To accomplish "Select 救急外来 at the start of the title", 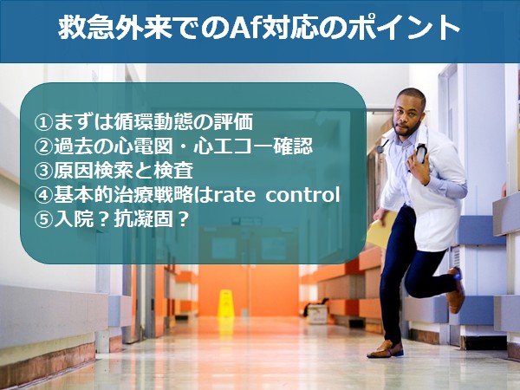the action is click(x=115, y=27).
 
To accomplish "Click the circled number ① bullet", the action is click(x=43, y=122).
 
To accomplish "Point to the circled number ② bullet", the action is click(x=43, y=146).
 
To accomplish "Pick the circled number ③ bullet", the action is click(x=43, y=171).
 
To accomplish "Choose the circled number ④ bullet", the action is click(x=43, y=195).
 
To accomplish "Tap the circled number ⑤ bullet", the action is click(x=43, y=219).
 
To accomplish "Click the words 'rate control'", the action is click(x=276, y=195).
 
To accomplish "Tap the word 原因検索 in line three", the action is click(x=94, y=171).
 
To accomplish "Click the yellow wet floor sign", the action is click(x=226, y=304).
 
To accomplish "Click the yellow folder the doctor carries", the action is click(x=382, y=230).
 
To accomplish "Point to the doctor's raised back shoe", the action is click(x=456, y=289).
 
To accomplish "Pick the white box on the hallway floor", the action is click(x=317, y=314).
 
